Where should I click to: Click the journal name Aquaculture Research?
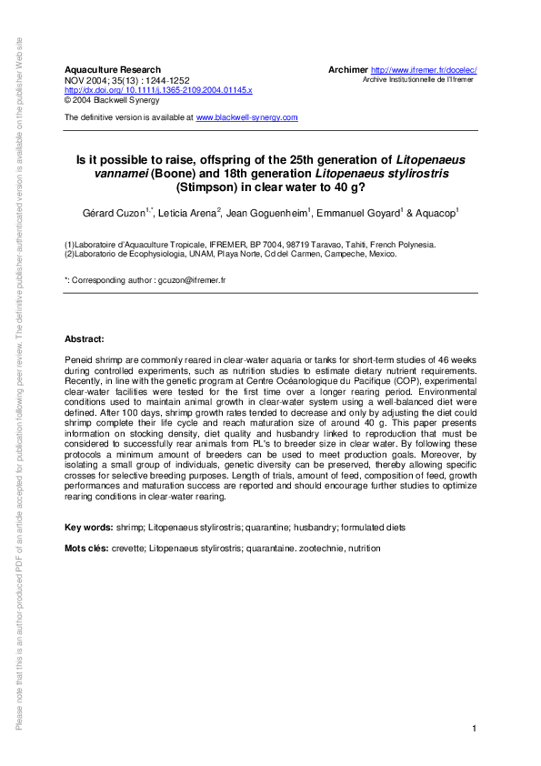(112, 70)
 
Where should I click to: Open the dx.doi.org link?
(157, 91)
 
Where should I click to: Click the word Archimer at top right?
(347, 70)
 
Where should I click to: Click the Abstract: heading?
(85, 338)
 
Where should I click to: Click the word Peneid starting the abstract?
(79, 361)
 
